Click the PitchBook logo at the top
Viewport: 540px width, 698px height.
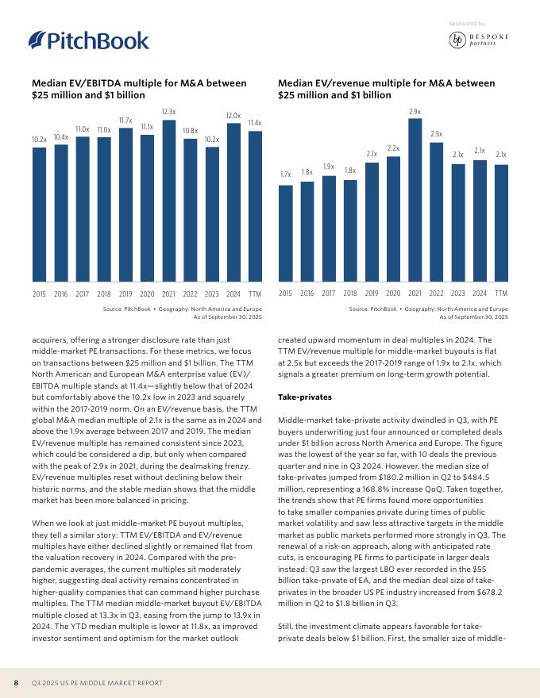click(88, 40)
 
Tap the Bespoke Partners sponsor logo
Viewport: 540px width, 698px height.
click(478, 40)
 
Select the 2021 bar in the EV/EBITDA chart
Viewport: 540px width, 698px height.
click(168, 201)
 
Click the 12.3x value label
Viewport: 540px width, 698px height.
click(168, 113)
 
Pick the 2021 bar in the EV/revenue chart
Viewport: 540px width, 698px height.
click(415, 201)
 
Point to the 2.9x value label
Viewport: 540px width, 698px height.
click(415, 112)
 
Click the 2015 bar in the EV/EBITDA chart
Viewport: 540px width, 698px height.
click(39, 215)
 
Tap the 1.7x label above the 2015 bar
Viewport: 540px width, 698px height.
click(286, 174)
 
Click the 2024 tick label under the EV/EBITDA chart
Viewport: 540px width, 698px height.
click(233, 293)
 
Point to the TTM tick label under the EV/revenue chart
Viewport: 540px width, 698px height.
click(501, 293)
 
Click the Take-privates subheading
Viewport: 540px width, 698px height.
click(305, 395)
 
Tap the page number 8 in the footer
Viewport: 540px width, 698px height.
click(16, 683)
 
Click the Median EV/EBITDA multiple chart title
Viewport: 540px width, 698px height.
click(138, 89)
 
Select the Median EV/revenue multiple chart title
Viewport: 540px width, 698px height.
click(386, 89)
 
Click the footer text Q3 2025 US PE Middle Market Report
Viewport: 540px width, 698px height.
click(97, 683)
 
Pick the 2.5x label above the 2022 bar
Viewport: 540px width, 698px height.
click(436, 135)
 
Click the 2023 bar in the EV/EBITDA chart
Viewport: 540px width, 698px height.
click(212, 215)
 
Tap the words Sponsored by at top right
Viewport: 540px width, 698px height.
click(466, 25)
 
